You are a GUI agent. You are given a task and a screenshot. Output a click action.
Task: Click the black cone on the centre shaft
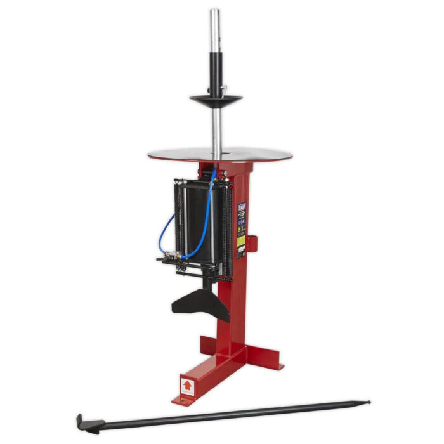click(x=216, y=100)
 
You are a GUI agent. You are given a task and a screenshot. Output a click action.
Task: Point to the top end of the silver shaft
click(x=215, y=11)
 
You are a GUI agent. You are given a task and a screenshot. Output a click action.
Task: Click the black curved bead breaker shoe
click(x=200, y=305)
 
